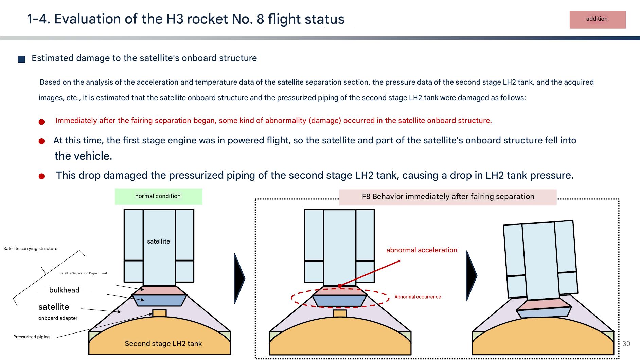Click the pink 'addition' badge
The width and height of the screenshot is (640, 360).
coord(597,19)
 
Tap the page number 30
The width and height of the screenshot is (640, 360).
coord(626,344)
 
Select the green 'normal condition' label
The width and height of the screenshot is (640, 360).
coord(158,196)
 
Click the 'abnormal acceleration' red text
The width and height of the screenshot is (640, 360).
coord(422,250)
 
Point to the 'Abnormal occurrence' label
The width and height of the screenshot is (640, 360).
coord(417,297)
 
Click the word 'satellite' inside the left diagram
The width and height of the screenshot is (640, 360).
coord(158,241)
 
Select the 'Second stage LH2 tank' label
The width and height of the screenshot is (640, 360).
coord(163,344)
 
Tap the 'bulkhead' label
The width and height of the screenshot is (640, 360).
coord(64,290)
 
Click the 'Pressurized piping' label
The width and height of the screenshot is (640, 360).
coord(31,337)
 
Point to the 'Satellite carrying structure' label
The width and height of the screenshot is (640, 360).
coord(30,249)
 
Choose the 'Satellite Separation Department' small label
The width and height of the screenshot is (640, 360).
coord(83,273)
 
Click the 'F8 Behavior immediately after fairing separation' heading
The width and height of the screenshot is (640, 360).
coord(448,197)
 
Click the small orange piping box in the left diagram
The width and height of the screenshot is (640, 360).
coord(159,313)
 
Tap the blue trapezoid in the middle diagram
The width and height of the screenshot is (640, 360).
coord(339,301)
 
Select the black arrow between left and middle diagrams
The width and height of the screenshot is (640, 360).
coord(239,278)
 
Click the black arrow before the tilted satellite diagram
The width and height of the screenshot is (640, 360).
coord(471,276)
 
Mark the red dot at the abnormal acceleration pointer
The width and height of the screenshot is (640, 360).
coord(340,286)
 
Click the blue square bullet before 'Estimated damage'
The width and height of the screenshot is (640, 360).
coord(21,59)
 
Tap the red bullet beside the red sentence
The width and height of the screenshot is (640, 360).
coord(41,122)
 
